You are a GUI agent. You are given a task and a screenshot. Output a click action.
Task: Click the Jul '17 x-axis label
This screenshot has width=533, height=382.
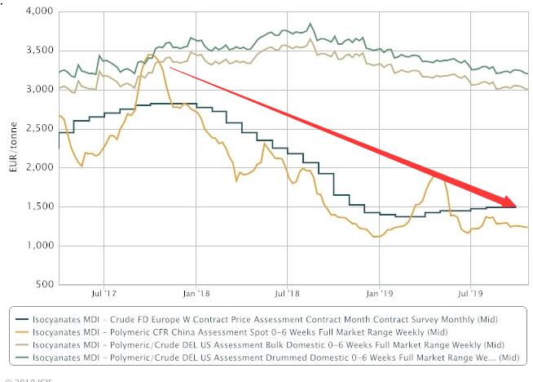(x=104, y=291)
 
